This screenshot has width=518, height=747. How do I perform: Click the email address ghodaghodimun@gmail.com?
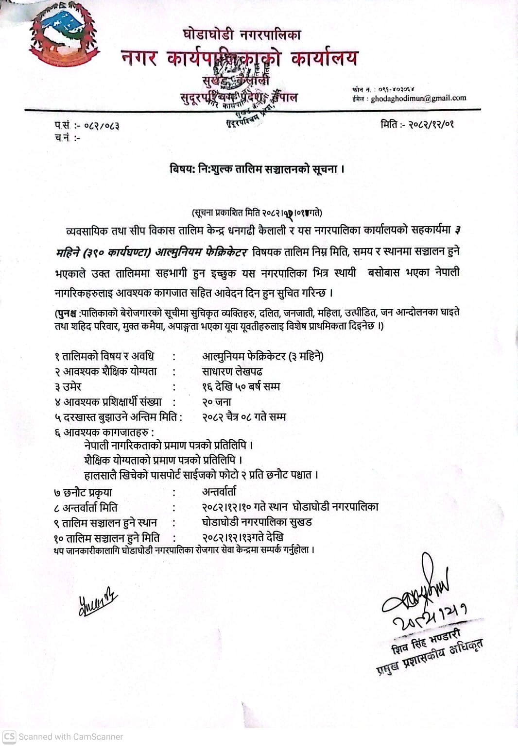418,98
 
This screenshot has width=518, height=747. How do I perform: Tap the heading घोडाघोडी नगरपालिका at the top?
242,34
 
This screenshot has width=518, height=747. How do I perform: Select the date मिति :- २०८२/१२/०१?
417,124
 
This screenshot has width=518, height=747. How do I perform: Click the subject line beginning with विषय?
257,169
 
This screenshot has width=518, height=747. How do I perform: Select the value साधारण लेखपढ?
232,372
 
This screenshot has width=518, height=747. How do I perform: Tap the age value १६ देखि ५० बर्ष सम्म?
241,387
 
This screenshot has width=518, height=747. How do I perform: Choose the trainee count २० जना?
217,402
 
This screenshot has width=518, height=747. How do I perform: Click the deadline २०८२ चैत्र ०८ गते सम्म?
244,417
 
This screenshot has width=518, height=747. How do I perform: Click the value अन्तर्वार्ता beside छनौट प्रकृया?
219,492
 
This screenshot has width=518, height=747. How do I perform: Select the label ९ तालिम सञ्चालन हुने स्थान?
105,523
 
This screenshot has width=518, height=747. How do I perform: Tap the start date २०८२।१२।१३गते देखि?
242,537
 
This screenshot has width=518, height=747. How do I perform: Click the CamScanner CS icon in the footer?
9,736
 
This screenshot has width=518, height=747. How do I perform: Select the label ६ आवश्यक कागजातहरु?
104,432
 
